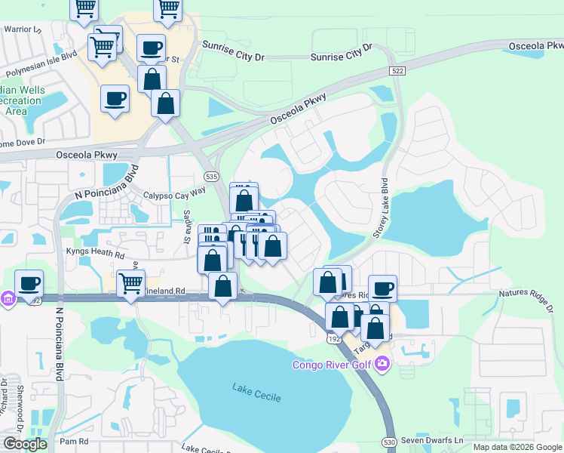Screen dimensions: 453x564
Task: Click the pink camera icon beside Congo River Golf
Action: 382,365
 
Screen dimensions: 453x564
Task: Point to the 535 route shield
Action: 211,175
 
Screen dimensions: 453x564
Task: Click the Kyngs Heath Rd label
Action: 93,251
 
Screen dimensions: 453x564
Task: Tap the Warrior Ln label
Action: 23,29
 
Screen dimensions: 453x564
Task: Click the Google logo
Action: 24,444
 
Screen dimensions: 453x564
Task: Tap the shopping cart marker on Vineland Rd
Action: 131,284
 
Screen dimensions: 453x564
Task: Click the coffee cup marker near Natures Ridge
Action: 382,288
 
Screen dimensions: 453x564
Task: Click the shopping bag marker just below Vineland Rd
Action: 222,288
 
